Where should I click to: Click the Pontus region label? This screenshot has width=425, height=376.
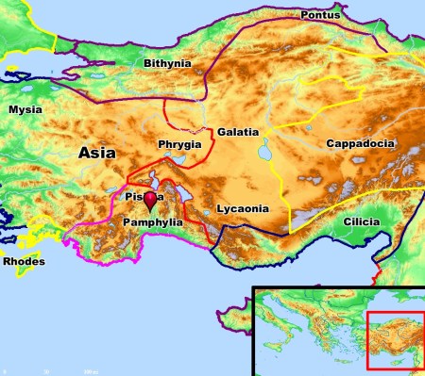(320, 16)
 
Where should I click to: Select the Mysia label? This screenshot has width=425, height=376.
(25, 110)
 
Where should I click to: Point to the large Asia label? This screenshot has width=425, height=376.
(97, 151)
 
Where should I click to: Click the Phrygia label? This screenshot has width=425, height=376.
(178, 145)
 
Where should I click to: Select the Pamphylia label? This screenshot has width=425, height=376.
(152, 221)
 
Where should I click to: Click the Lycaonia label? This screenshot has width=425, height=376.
(243, 208)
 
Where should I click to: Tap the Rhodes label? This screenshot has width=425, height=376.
(23, 261)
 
